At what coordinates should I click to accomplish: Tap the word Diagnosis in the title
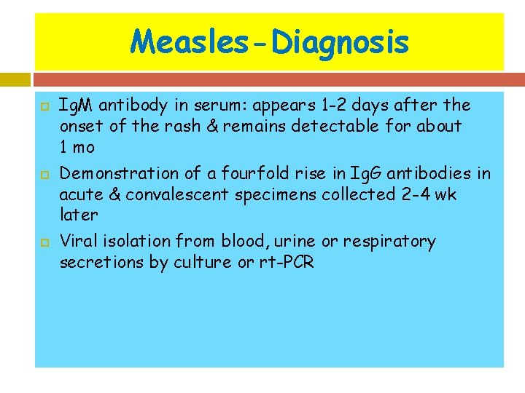coord(339,42)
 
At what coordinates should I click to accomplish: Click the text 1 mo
coord(77,146)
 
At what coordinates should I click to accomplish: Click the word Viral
coord(77,241)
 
